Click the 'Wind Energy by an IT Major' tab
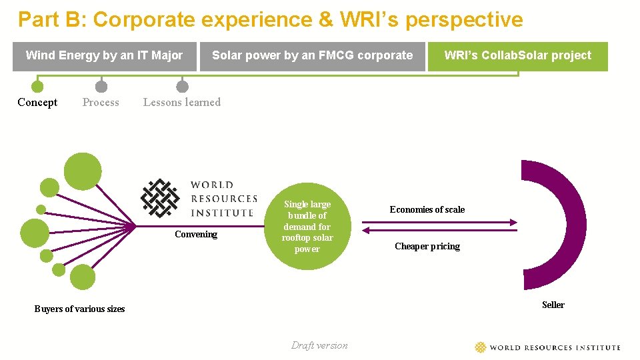click(104, 56)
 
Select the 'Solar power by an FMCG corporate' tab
click(312, 56)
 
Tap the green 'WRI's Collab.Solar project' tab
click(517, 56)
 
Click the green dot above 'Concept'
click(37, 87)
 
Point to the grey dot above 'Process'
click(101, 87)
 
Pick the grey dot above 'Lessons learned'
click(182, 87)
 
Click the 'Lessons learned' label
click(182, 102)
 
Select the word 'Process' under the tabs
click(101, 102)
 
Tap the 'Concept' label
click(37, 102)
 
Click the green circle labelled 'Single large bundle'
click(307, 227)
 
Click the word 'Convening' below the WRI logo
click(196, 234)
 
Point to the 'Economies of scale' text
click(427, 209)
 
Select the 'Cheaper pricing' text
click(427, 246)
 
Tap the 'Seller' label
click(553, 305)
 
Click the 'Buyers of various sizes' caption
click(79, 309)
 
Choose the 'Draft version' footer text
click(319, 345)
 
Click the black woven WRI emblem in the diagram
click(160, 198)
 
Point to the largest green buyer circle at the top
click(82, 171)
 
